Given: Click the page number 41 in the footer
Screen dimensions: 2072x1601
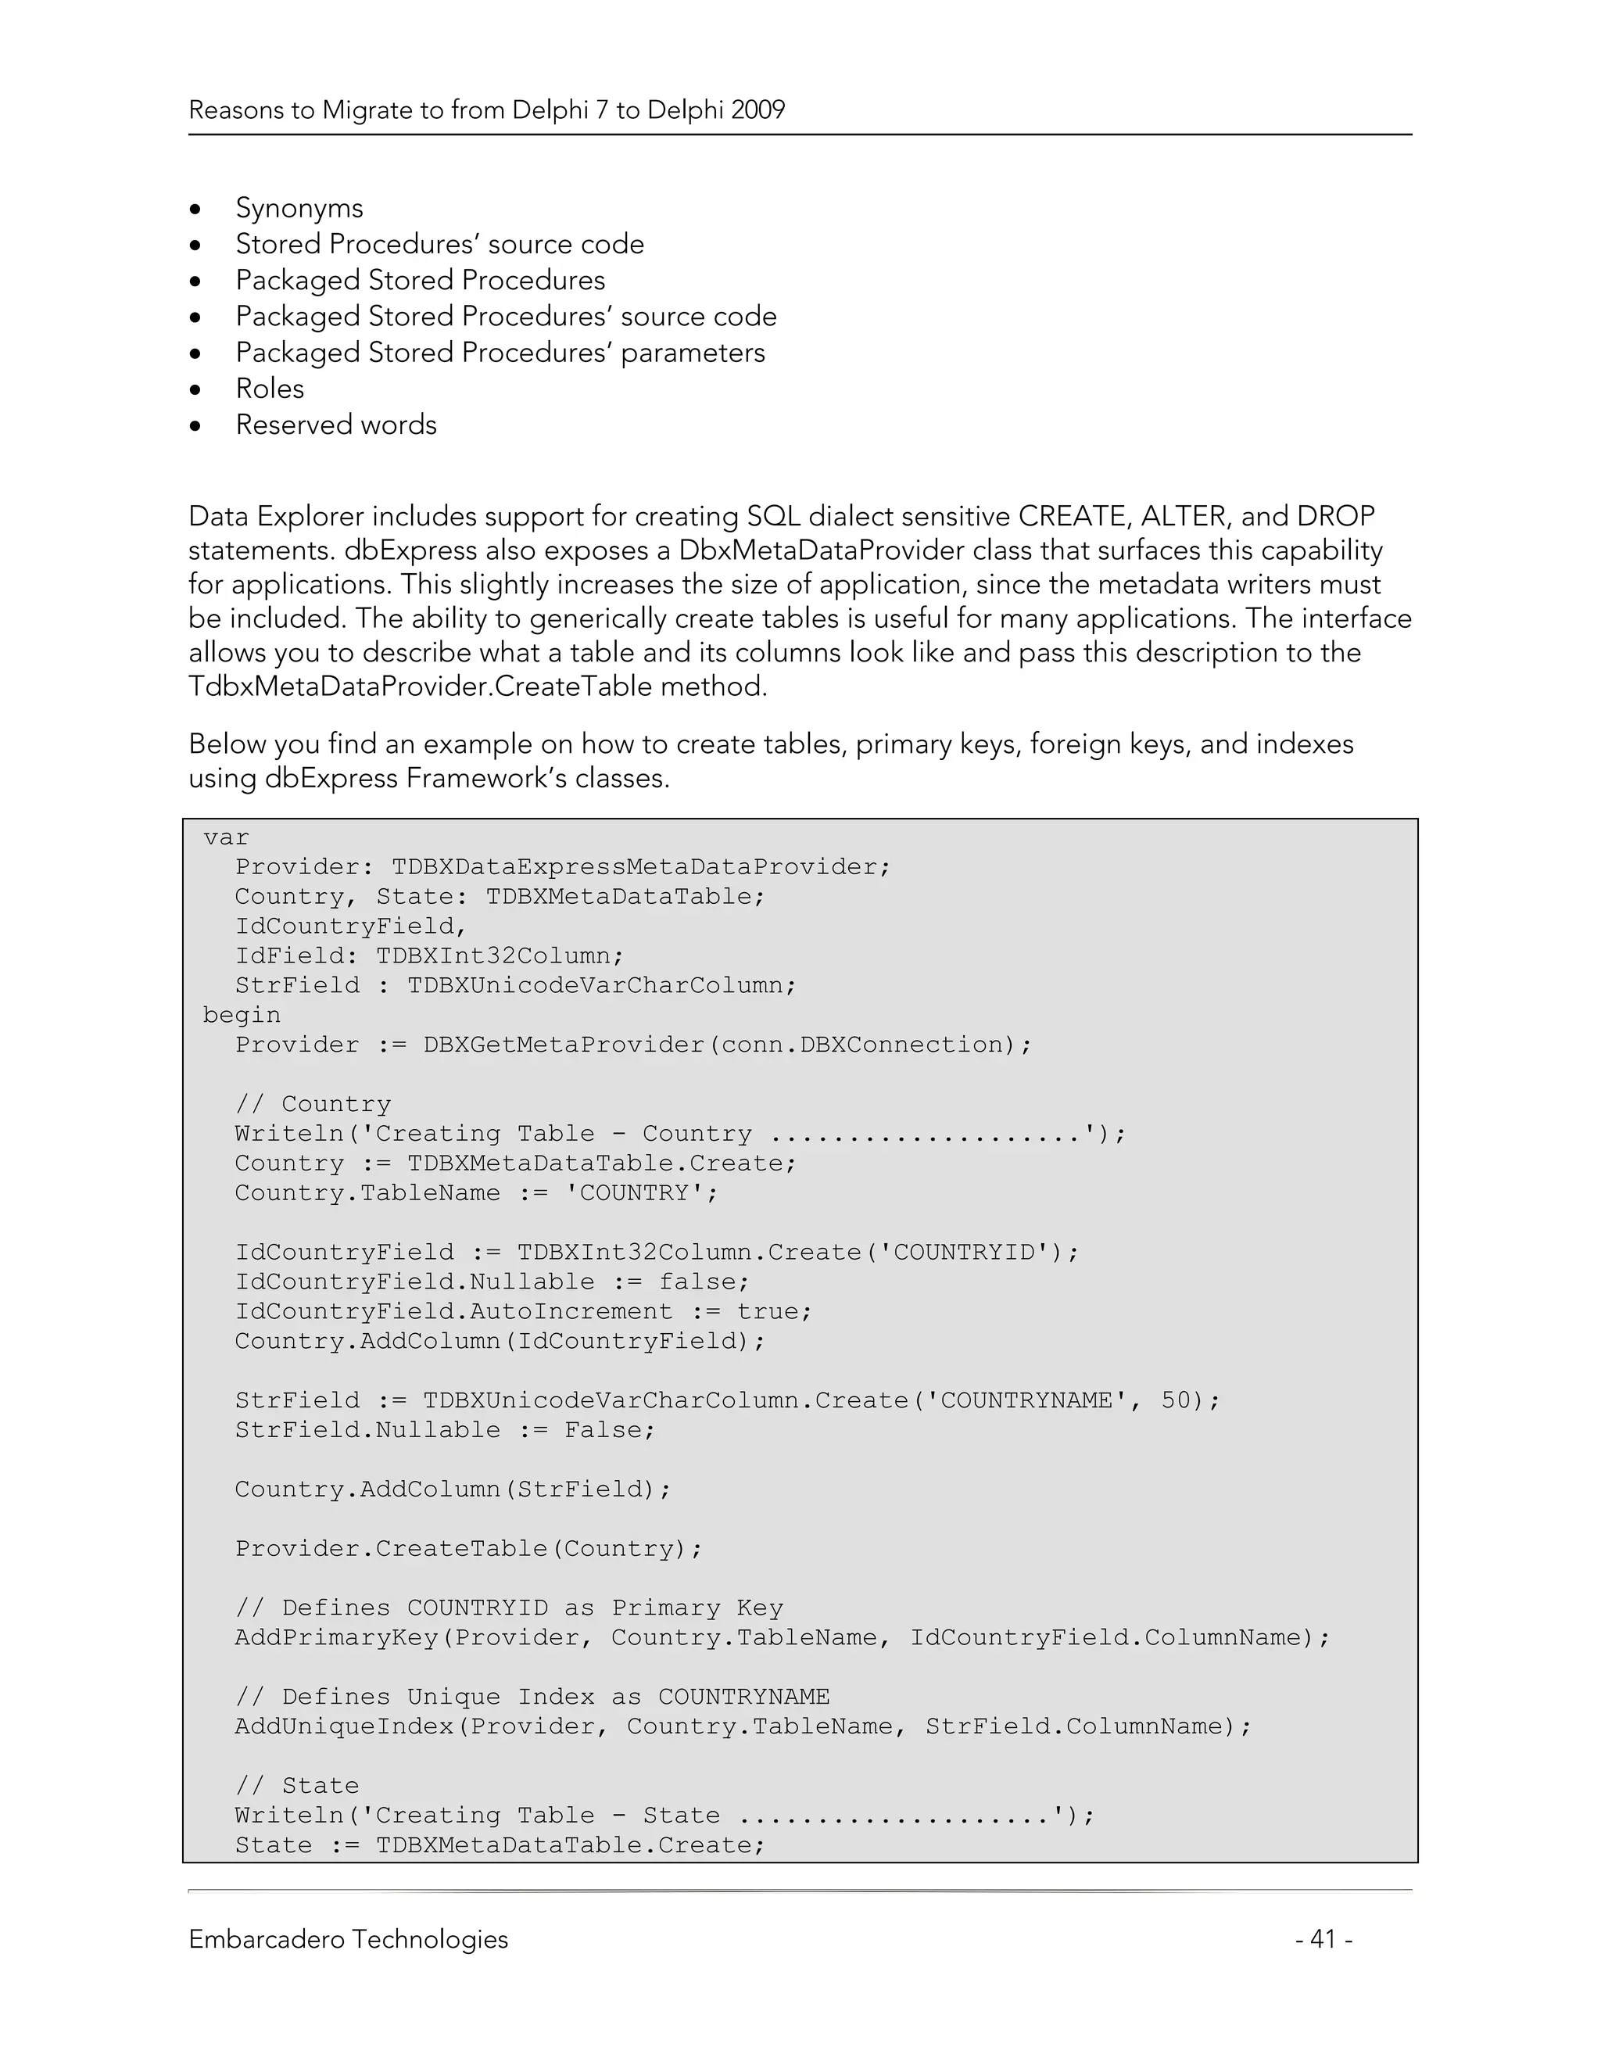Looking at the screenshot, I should point(1323,1938).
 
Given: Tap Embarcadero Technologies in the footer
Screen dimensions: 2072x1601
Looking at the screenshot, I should point(348,1938).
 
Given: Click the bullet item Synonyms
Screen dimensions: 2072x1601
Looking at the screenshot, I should point(299,208).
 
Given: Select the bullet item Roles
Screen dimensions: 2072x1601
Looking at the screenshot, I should point(270,388).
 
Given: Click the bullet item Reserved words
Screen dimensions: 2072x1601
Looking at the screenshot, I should point(335,424).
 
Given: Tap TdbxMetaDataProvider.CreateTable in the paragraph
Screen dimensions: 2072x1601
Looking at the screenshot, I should point(419,686).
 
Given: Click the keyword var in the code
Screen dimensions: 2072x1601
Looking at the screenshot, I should point(226,837).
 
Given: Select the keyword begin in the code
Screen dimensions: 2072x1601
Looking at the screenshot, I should point(242,1015).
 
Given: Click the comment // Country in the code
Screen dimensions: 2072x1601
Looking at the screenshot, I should point(313,1104).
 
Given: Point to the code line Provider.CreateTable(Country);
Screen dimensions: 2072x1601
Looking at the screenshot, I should point(468,1548).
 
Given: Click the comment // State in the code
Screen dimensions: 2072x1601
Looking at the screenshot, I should point(297,1786).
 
